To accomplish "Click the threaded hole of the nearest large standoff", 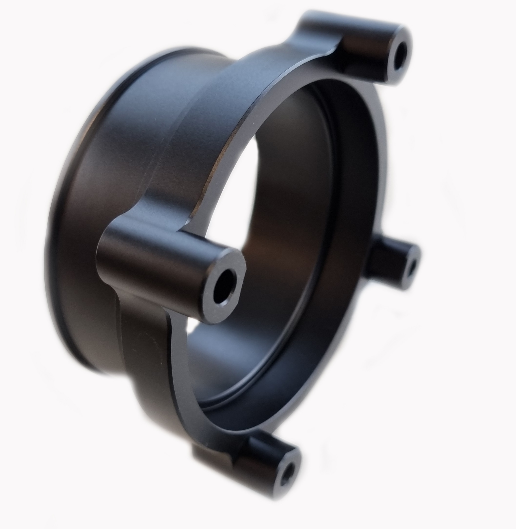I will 224,292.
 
